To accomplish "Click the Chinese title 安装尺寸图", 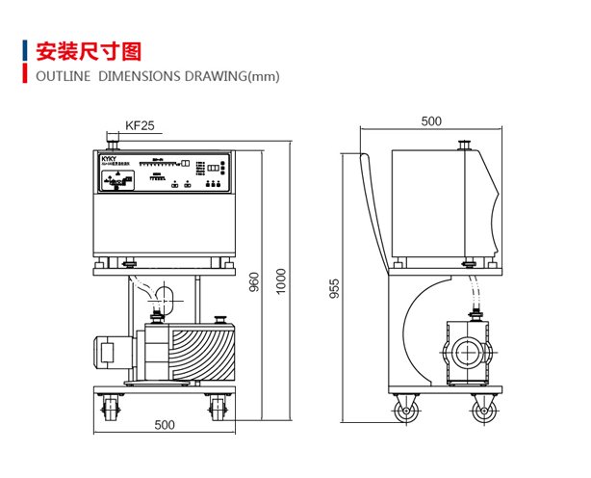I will [89, 50].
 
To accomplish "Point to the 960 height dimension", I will [254, 281].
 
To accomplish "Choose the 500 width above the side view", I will [430, 121].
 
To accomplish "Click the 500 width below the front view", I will [165, 425].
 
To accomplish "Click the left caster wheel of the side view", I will [405, 412].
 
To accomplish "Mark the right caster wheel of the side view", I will [482, 412].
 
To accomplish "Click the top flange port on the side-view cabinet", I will [463, 146].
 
